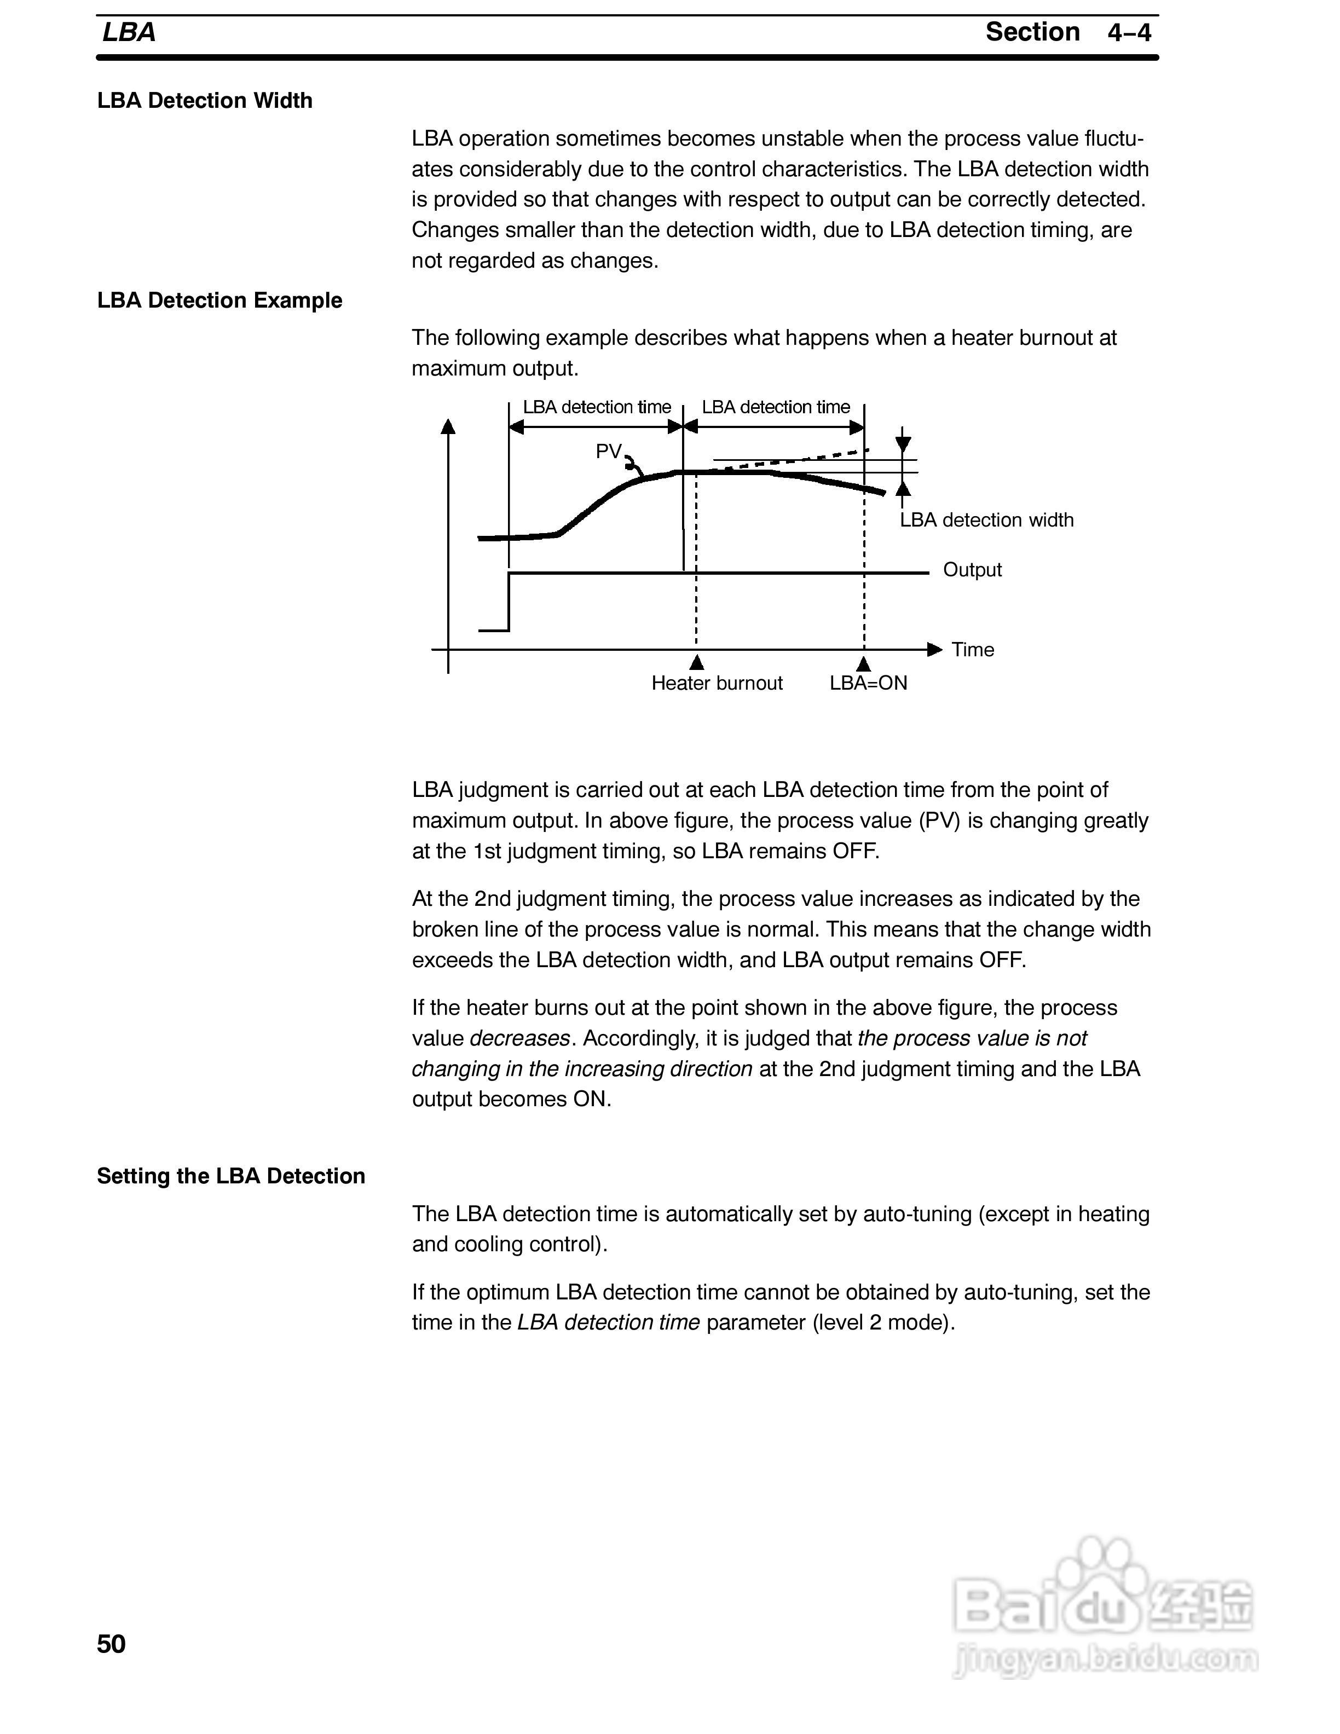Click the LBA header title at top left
pyautogui.click(x=129, y=32)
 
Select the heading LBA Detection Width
pyautogui.click(x=205, y=101)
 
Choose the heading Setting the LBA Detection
pyautogui.click(x=231, y=1176)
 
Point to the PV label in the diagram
pyautogui.click(x=608, y=451)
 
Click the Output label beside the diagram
pyautogui.click(x=972, y=570)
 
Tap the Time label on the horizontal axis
pyautogui.click(x=973, y=650)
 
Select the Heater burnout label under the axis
pyautogui.click(x=717, y=684)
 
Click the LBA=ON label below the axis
pyautogui.click(x=869, y=684)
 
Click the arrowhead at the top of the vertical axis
pyautogui.click(x=448, y=426)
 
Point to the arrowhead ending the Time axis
pyautogui.click(x=934, y=650)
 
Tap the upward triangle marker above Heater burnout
pyautogui.click(x=697, y=662)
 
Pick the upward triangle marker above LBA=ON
pyautogui.click(x=864, y=663)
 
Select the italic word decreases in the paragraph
pyautogui.click(x=520, y=1038)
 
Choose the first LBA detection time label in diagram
pyautogui.click(x=597, y=407)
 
